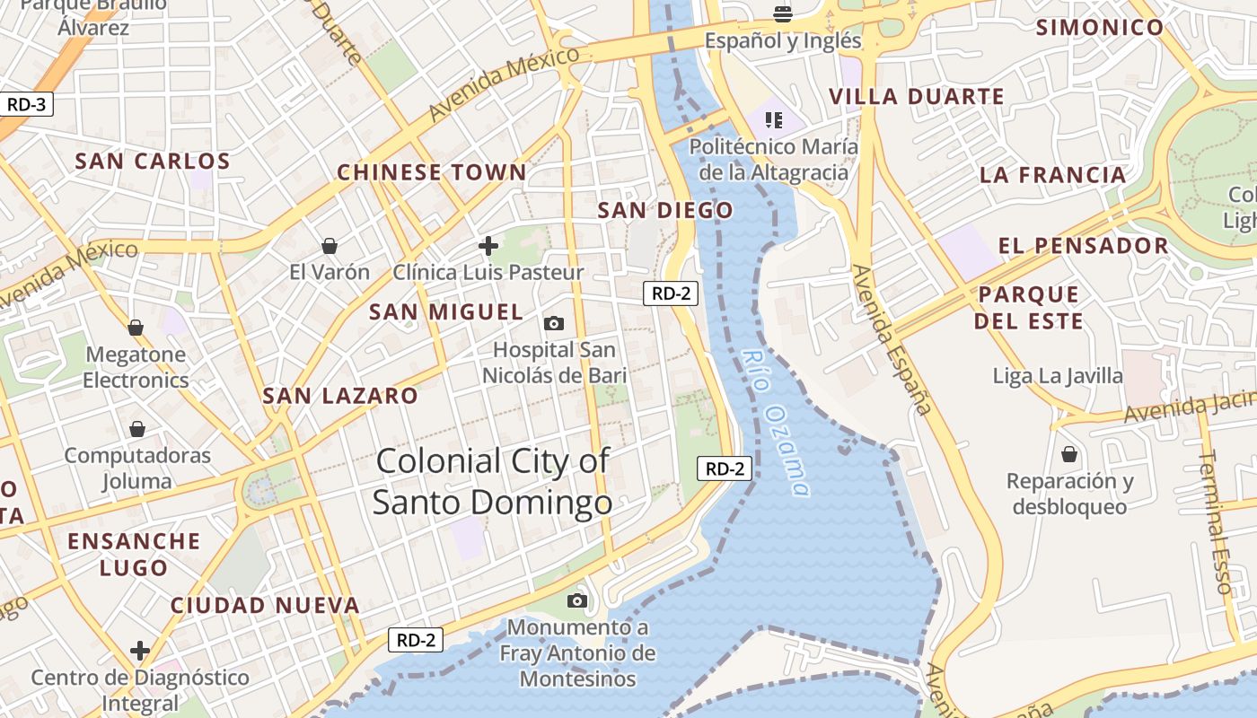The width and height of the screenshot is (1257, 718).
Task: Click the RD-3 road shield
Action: (x=26, y=104)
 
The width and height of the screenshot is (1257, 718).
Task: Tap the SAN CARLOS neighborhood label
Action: (x=153, y=162)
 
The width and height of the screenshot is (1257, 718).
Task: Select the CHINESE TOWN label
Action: (x=432, y=172)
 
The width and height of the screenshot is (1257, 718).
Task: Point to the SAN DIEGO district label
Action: (x=665, y=210)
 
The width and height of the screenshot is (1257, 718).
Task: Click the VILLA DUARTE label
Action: (x=916, y=97)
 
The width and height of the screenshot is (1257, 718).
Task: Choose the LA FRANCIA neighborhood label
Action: (x=1052, y=175)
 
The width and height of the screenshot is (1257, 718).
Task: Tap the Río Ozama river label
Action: (x=776, y=422)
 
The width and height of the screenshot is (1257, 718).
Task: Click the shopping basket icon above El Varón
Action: (x=330, y=246)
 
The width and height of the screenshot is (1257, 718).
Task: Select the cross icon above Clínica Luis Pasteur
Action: (x=488, y=245)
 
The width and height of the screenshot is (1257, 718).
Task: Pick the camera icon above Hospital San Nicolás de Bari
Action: (x=554, y=323)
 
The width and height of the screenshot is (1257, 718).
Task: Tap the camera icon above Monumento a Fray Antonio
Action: (x=577, y=600)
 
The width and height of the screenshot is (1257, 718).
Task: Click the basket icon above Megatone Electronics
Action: (x=136, y=328)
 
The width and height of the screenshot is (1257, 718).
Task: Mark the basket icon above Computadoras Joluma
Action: (x=137, y=429)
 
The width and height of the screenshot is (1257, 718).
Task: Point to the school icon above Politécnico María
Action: (x=774, y=119)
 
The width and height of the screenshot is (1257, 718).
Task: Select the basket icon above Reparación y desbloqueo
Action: (x=1069, y=454)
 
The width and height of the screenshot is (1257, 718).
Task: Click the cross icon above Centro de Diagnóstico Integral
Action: (x=139, y=650)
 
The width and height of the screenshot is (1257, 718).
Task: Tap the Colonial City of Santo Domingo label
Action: (x=492, y=482)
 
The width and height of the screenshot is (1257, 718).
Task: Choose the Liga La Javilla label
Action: (x=1058, y=375)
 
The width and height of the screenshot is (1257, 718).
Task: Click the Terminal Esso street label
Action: (x=1217, y=521)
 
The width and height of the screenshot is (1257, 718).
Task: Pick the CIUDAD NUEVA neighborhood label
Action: (x=266, y=605)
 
